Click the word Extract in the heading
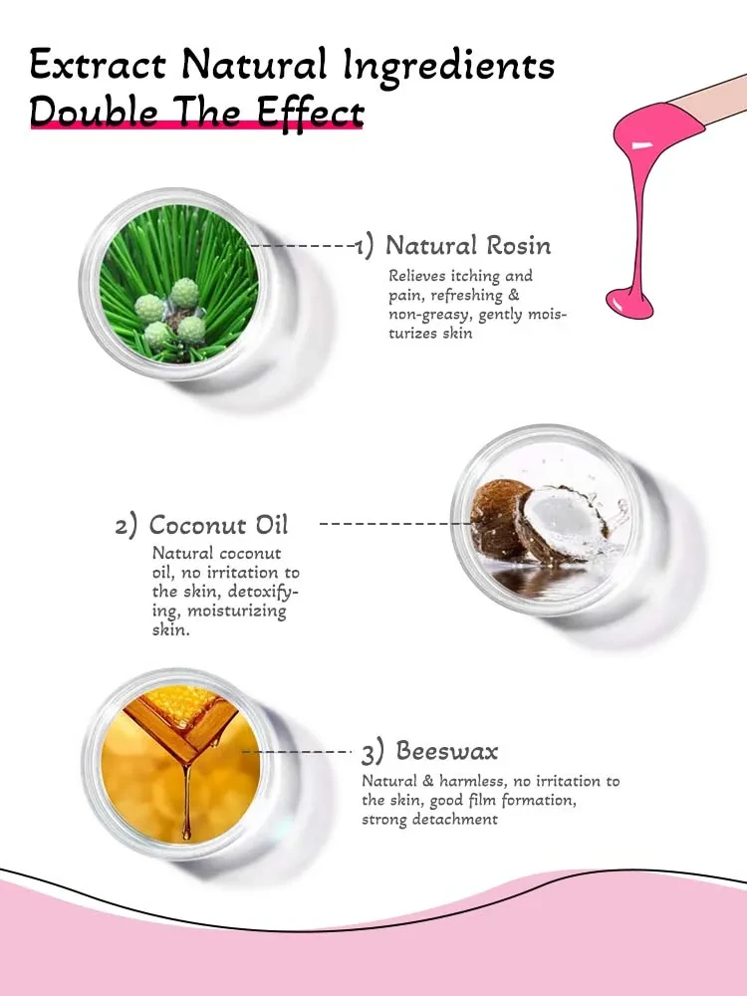pos(97,66)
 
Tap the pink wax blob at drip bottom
pos(629,297)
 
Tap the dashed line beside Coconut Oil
pos(393,523)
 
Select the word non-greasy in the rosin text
pos(431,315)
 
